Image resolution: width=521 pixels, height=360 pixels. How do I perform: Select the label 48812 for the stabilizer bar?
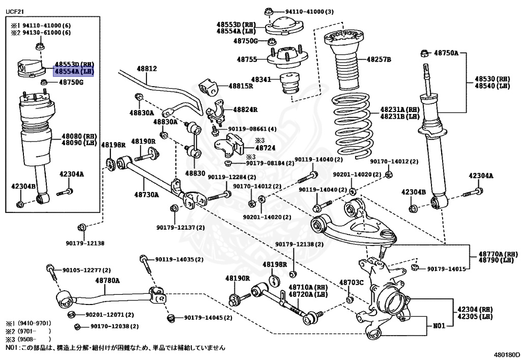pos(147,69)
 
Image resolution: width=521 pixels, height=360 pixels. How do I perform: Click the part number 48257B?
pos(379,60)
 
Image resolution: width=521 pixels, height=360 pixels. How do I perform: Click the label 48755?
pos(247,60)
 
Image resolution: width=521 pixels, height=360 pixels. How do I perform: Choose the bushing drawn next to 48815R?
pos(208,87)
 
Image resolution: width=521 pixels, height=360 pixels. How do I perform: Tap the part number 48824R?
pos(245,109)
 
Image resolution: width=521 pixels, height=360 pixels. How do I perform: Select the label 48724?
pos(265,148)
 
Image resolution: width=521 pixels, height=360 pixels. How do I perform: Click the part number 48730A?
pos(147,195)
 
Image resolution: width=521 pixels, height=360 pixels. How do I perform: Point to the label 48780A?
pos(108,281)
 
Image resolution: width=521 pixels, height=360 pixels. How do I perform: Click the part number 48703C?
pos(352,283)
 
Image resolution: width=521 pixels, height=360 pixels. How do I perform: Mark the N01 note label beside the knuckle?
pos(439,326)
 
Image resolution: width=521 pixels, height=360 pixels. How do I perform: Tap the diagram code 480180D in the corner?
pos(506,355)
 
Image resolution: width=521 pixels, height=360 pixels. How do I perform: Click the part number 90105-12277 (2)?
pos(86,270)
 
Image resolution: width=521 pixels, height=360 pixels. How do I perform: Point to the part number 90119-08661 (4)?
pos(252,129)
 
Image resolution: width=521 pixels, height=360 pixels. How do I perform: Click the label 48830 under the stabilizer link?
pos(195,173)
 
